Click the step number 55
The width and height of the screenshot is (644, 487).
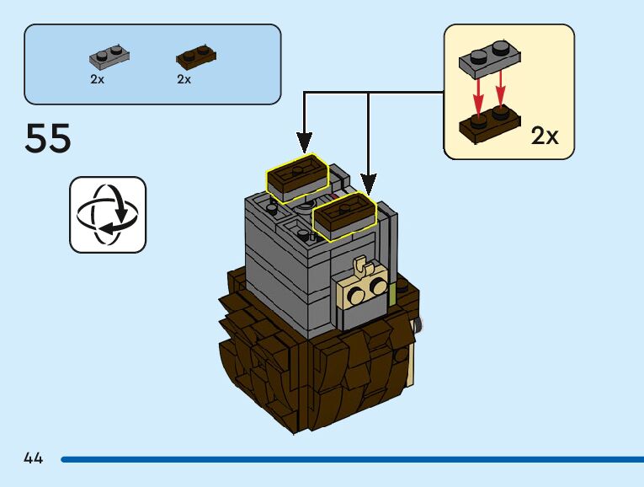(x=48, y=138)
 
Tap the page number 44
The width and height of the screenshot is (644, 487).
(x=34, y=458)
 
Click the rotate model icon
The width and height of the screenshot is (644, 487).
(x=108, y=214)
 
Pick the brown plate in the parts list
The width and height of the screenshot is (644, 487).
(x=195, y=57)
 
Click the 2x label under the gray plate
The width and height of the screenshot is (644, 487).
(x=98, y=79)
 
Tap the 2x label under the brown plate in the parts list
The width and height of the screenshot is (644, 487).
(x=184, y=79)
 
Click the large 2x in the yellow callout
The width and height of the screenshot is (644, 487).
(x=545, y=136)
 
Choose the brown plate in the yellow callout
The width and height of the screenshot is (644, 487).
(x=489, y=125)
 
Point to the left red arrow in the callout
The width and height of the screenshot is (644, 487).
(x=479, y=95)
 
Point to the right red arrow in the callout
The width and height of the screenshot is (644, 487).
(x=502, y=94)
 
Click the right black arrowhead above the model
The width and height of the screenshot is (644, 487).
(x=368, y=181)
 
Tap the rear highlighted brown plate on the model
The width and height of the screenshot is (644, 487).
(x=297, y=178)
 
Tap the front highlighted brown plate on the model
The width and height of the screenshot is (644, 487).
(x=344, y=216)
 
